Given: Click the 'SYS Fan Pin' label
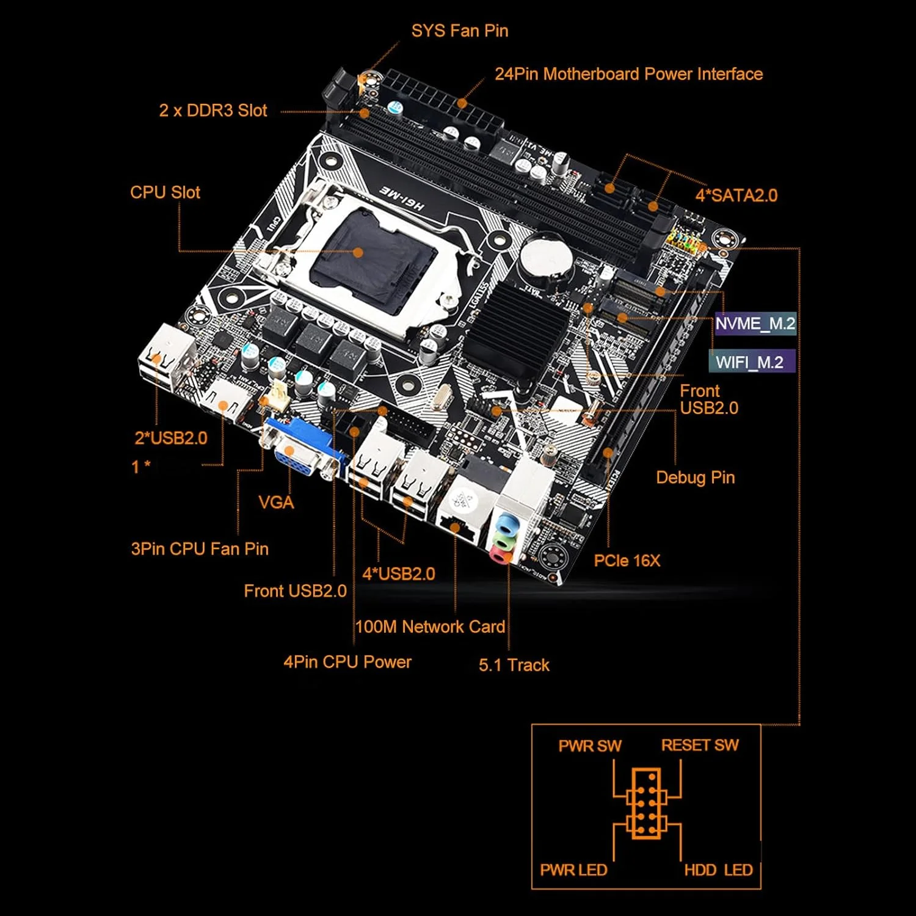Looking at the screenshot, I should click(459, 31).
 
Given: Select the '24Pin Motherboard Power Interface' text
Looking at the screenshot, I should click(628, 75).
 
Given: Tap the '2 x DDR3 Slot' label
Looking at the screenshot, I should click(213, 111).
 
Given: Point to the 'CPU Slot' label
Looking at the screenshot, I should click(165, 192).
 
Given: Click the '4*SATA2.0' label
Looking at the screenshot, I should click(736, 195).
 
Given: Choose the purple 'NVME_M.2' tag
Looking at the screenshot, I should click(755, 324).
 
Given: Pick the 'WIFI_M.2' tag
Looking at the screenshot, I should click(750, 362).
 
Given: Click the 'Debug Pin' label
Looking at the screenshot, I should click(695, 478).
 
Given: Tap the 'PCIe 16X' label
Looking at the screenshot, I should click(627, 561).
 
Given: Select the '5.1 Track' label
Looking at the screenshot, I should click(514, 665).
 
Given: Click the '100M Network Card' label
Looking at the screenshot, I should click(430, 627).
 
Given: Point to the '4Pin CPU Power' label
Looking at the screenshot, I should click(347, 662).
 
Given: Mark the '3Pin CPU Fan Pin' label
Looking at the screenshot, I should click(200, 548).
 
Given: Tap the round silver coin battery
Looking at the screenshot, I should click(545, 260).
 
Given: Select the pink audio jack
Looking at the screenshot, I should click(500, 555).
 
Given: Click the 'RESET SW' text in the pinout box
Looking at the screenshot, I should click(700, 745).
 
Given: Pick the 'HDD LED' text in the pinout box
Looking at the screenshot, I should click(718, 870).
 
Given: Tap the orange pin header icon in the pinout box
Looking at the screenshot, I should click(646, 803).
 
